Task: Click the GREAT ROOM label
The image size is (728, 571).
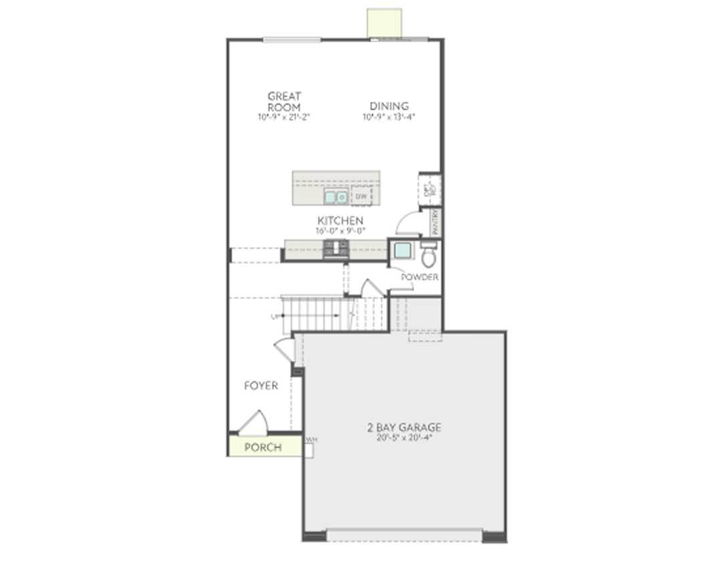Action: (x=284, y=102)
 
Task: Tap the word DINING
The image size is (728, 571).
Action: (x=389, y=106)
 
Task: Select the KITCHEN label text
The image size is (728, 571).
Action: (x=340, y=221)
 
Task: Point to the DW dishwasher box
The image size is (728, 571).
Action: (x=361, y=196)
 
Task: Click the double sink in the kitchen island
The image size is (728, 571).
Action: (x=336, y=197)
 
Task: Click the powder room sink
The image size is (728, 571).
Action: (x=403, y=251)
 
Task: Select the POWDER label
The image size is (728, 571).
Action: (x=419, y=277)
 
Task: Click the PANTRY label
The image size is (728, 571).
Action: (x=435, y=222)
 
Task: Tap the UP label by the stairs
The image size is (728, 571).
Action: (x=275, y=317)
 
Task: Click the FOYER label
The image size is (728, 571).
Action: (x=260, y=386)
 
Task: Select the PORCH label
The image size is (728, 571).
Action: (x=262, y=447)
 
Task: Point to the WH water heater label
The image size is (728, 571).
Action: (x=311, y=440)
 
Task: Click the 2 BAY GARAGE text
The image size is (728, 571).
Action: (x=404, y=428)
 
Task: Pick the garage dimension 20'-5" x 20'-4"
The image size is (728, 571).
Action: (x=404, y=438)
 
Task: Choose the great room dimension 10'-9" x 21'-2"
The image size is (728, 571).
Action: (x=284, y=117)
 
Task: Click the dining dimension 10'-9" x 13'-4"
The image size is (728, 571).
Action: (x=389, y=117)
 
